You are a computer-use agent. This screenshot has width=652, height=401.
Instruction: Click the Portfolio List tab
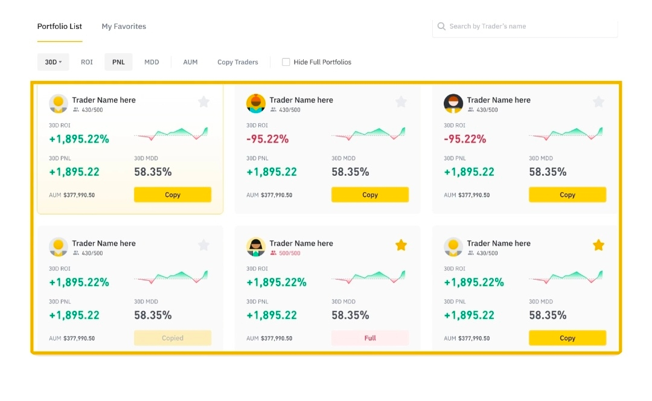pyautogui.click(x=60, y=27)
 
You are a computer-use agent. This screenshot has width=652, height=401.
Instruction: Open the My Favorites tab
pyautogui.click(x=124, y=27)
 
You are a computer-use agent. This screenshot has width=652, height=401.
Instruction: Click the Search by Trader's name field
pyautogui.click(x=531, y=27)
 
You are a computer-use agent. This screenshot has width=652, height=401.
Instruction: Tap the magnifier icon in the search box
pyautogui.click(x=442, y=27)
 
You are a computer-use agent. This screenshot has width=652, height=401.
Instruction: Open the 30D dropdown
pyautogui.click(x=53, y=62)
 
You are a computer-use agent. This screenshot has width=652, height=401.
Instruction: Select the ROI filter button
pyautogui.click(x=87, y=62)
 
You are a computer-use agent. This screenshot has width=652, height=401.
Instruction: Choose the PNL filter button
pyautogui.click(x=118, y=62)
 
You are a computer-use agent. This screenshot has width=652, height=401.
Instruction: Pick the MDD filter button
pyautogui.click(x=152, y=62)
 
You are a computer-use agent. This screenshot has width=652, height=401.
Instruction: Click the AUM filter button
pyautogui.click(x=190, y=62)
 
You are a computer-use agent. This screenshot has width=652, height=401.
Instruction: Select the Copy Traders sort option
pyautogui.click(x=238, y=62)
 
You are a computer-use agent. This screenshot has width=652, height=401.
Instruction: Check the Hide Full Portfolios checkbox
pyautogui.click(x=286, y=62)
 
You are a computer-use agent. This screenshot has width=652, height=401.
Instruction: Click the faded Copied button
pyautogui.click(x=173, y=338)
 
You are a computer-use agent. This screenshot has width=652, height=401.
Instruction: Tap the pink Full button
pyautogui.click(x=370, y=338)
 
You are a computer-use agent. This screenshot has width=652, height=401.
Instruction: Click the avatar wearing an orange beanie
pyautogui.click(x=256, y=104)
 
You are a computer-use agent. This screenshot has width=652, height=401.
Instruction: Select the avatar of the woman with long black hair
pyautogui.click(x=256, y=247)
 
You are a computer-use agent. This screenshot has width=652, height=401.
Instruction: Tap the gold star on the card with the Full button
pyautogui.click(x=401, y=245)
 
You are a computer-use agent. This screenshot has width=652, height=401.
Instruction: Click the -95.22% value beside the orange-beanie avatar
pyautogui.click(x=267, y=139)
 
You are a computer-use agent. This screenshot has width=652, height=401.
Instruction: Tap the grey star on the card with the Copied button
pyautogui.click(x=203, y=245)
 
